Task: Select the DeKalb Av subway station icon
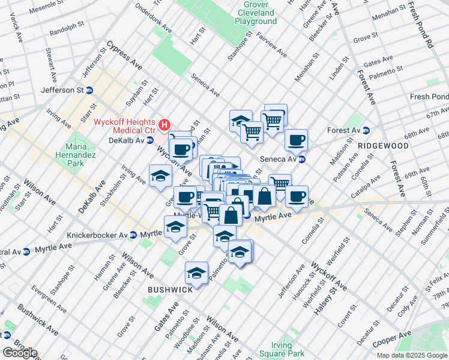pos(150,140)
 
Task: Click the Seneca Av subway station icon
pos(303,159)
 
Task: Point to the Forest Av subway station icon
pos(366,130)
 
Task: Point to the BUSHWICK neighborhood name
pos(170,289)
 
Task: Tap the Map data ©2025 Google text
pos(411,355)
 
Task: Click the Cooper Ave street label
pos(392,338)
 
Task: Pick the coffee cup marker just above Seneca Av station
pos(296,140)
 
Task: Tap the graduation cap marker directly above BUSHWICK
pos(196,273)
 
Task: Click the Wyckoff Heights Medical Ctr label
pos(124,127)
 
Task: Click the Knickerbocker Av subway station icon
pos(134,235)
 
